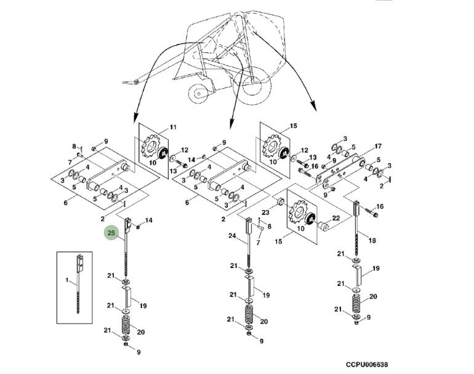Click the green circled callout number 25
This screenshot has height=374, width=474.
coord(112,233)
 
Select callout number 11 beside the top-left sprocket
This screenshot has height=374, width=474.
coord(172,128)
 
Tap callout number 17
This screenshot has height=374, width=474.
coord(378,146)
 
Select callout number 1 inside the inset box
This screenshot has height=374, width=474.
coord(68,281)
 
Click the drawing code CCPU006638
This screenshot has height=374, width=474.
coord(367,364)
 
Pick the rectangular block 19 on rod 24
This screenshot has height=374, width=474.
coord(249,288)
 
